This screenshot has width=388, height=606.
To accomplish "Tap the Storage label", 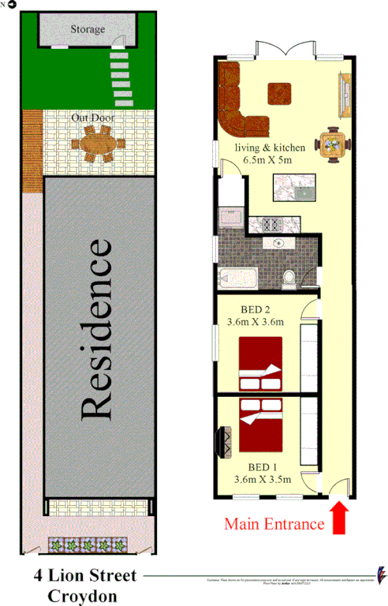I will tap(88, 30).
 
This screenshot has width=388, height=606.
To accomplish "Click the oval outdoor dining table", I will tap(98, 145).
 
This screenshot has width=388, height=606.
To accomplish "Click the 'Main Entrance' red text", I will tap(274, 522).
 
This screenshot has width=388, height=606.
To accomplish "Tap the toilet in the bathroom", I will tap(289, 276).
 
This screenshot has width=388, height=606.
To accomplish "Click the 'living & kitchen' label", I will tap(267, 148).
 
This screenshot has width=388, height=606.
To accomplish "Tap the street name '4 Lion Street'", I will tap(85, 577).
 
